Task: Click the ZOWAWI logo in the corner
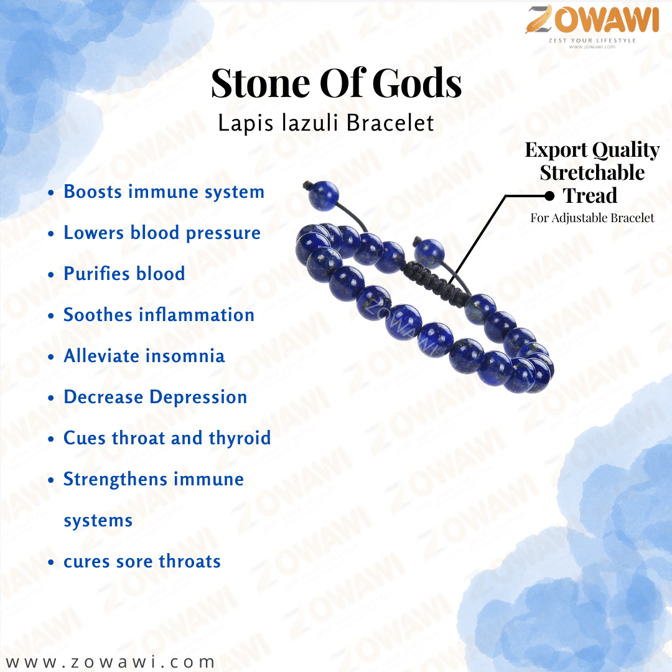[x=592, y=26]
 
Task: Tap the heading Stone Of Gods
[x=337, y=83]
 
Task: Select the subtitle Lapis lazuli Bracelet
[x=326, y=123]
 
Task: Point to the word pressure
[x=223, y=233]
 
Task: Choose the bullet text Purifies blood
[x=124, y=273]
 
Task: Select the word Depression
[x=198, y=398]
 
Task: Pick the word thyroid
[x=240, y=439]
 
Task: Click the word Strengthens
[x=116, y=480]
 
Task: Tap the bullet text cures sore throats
[x=142, y=561]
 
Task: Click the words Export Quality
[x=592, y=150]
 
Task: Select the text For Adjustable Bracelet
[x=592, y=218]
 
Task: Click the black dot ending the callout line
[x=549, y=196]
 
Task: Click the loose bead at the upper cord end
[x=324, y=195]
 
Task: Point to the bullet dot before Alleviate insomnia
[x=51, y=357]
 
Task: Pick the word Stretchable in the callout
[x=592, y=173]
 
